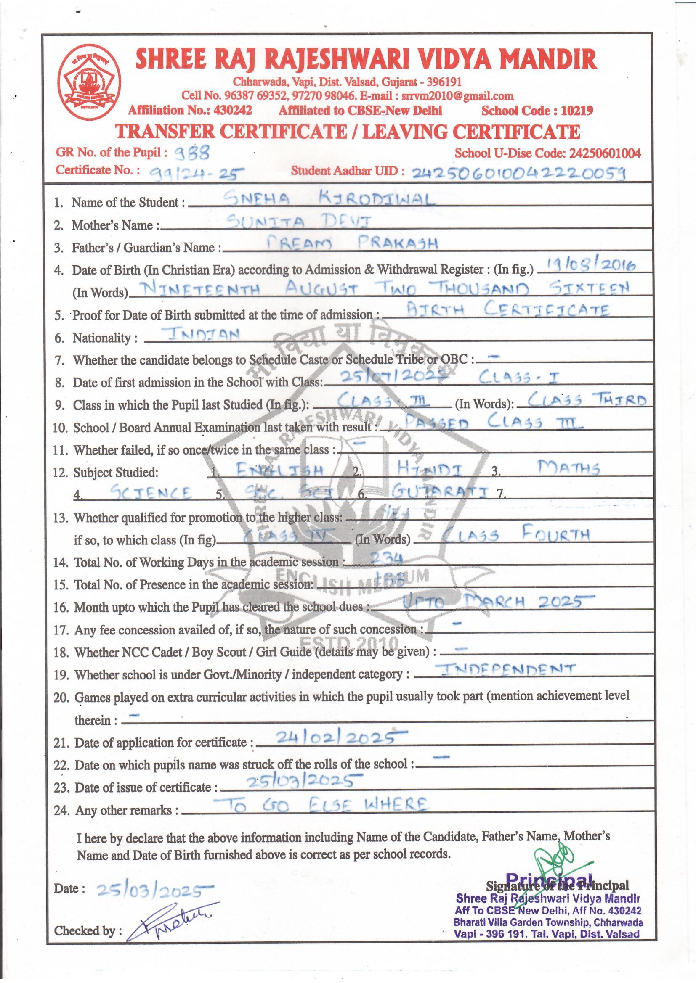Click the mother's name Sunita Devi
(299, 221)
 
